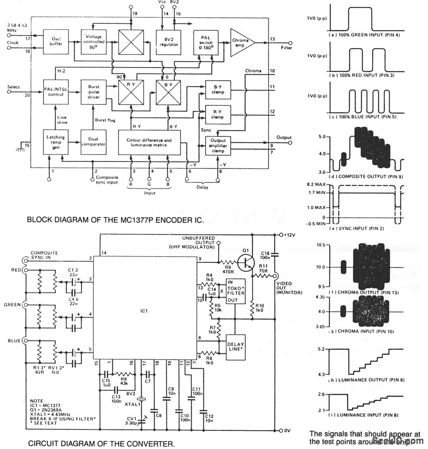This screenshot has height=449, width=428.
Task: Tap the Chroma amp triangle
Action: click(242, 41)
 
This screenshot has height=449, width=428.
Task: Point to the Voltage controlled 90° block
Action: click(94, 41)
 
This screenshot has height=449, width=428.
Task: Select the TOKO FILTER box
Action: click(235, 291)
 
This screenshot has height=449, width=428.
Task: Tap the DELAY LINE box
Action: click(235, 346)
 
